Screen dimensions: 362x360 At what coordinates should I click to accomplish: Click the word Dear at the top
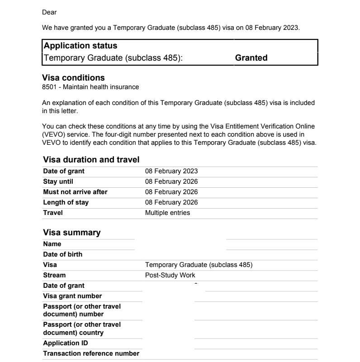[x=49, y=12]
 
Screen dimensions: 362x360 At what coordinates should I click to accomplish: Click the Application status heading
[x=81, y=46]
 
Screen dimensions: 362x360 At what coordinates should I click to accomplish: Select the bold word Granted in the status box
[x=251, y=58]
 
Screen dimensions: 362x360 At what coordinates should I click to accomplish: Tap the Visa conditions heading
[x=73, y=78]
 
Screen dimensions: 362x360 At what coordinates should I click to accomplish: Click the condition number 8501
[x=49, y=87]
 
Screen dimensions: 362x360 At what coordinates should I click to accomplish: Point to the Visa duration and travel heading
[x=91, y=160]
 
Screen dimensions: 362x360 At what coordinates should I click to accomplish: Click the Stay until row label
[x=58, y=181]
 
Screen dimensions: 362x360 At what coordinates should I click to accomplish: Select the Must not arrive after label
[x=75, y=192]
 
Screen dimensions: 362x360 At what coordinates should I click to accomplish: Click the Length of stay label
[x=66, y=202]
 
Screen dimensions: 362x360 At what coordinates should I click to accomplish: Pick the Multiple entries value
[x=167, y=213]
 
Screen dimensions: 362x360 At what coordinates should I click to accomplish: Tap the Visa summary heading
[x=71, y=233]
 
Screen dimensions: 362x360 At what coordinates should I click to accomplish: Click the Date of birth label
[x=62, y=254]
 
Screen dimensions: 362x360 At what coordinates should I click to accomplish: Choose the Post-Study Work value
[x=170, y=275]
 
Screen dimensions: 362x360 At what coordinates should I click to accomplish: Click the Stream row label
[x=54, y=275]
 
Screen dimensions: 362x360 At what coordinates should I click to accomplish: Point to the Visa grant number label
[x=72, y=296]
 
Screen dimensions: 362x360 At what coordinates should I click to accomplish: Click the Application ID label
[x=66, y=343]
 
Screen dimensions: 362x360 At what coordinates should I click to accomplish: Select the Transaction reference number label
[x=91, y=353]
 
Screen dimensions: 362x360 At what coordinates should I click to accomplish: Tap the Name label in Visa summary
[x=52, y=244]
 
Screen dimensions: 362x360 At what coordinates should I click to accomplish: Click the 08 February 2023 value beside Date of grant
[x=171, y=171]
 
